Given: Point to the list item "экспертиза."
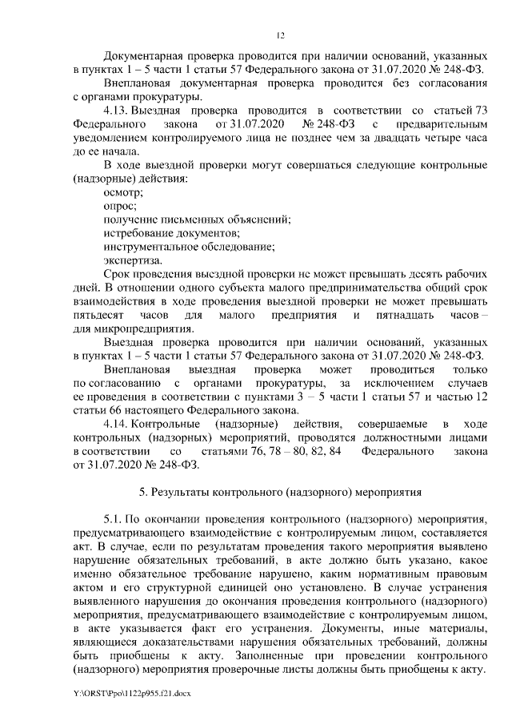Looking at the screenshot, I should [132, 260].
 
